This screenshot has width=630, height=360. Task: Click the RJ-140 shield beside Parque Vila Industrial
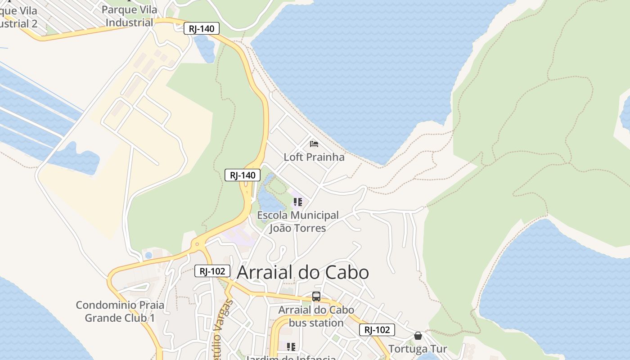pos(201,29)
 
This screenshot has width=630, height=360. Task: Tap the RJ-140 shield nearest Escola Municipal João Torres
pos(243,175)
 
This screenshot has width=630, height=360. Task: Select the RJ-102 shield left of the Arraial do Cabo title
pos(212,271)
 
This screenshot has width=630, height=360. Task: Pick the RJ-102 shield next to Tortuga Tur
pos(377,330)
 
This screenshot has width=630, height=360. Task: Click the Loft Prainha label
pos(314,157)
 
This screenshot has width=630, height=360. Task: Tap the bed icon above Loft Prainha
pos(314,144)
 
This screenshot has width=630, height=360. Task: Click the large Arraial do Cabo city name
pos(302,272)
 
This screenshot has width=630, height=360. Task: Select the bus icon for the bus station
pos(316,297)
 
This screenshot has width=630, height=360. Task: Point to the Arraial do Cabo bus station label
pos(316,316)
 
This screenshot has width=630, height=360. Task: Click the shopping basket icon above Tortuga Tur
pos(418,336)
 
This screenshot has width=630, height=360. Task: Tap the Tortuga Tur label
pos(418,349)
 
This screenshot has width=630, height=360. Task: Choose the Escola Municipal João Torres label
pos(297,221)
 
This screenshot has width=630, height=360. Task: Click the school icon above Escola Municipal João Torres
pos(297,202)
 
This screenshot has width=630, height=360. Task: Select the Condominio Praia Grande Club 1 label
pos(120,311)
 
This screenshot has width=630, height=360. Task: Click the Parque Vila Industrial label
pos(130,16)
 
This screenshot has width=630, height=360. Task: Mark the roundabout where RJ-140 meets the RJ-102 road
pos(197,244)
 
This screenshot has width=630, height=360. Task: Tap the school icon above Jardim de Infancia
pos(291,346)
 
